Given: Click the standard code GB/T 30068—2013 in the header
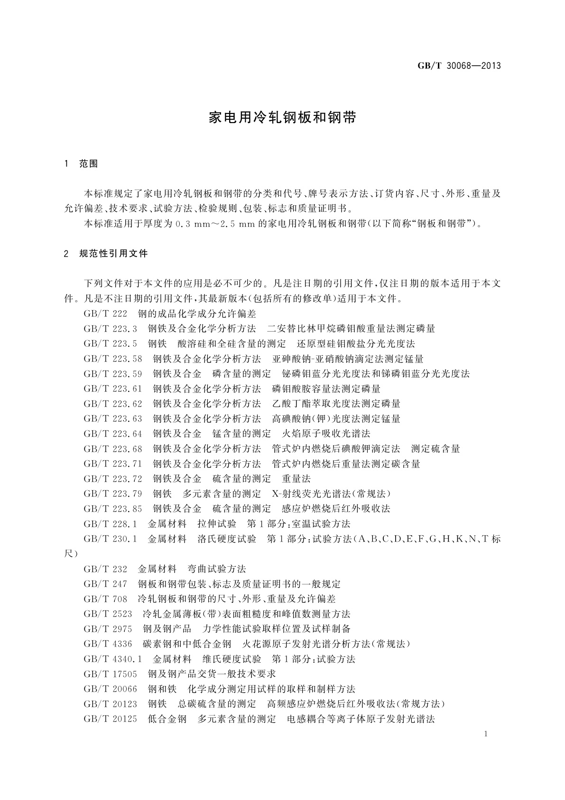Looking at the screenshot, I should (459, 66).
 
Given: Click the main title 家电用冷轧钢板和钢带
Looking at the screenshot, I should (282, 118).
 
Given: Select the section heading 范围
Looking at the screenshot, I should (88, 164).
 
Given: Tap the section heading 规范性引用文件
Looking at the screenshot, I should (113, 254).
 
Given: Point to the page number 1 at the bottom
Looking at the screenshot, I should (486, 734).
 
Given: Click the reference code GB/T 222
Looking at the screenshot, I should (105, 314).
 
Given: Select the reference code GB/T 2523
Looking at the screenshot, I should (108, 614).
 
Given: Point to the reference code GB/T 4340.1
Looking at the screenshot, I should (113, 659).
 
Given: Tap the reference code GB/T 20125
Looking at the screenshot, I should (110, 719).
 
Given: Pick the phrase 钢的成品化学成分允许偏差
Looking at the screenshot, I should (197, 314).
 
